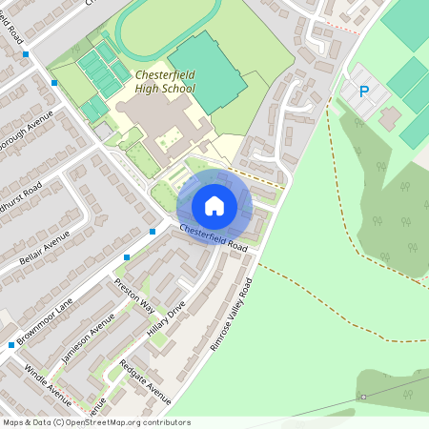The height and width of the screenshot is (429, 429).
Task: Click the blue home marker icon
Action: (x=214, y=205)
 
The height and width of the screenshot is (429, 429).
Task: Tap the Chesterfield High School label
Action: (x=165, y=81)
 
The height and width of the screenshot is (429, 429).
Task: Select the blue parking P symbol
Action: (x=362, y=92)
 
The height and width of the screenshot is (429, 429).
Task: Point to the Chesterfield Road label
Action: (x=214, y=237)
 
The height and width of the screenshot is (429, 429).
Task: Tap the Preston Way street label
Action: (x=134, y=296)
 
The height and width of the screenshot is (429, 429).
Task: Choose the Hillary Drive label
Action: (x=166, y=321)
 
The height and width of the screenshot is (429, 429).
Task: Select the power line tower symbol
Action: (x=362, y=397)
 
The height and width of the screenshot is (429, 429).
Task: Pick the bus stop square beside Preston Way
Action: (x=127, y=257)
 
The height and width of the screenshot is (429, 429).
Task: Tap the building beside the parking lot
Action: (x=389, y=118)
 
